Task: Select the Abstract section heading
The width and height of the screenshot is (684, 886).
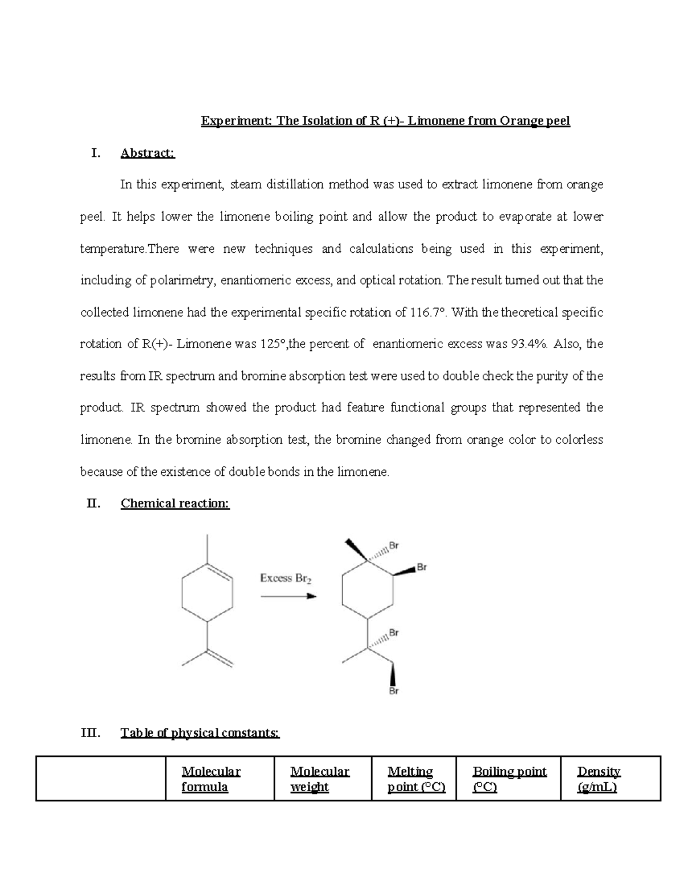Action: [148, 153]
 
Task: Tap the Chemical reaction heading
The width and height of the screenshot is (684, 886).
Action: [175, 503]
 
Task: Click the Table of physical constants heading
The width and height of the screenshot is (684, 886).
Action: [200, 733]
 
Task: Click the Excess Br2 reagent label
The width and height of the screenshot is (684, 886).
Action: [286, 578]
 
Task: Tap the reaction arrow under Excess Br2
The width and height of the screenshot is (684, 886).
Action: [288, 596]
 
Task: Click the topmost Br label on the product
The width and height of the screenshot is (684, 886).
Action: [394, 545]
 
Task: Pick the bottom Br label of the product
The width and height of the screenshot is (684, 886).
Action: [394, 691]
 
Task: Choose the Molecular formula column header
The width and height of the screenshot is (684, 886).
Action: [211, 779]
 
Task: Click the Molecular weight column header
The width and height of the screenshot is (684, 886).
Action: [319, 779]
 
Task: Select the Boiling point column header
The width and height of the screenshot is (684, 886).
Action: [509, 779]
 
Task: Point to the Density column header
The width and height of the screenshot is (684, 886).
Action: [598, 779]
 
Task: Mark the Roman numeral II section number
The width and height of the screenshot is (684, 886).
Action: [93, 503]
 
